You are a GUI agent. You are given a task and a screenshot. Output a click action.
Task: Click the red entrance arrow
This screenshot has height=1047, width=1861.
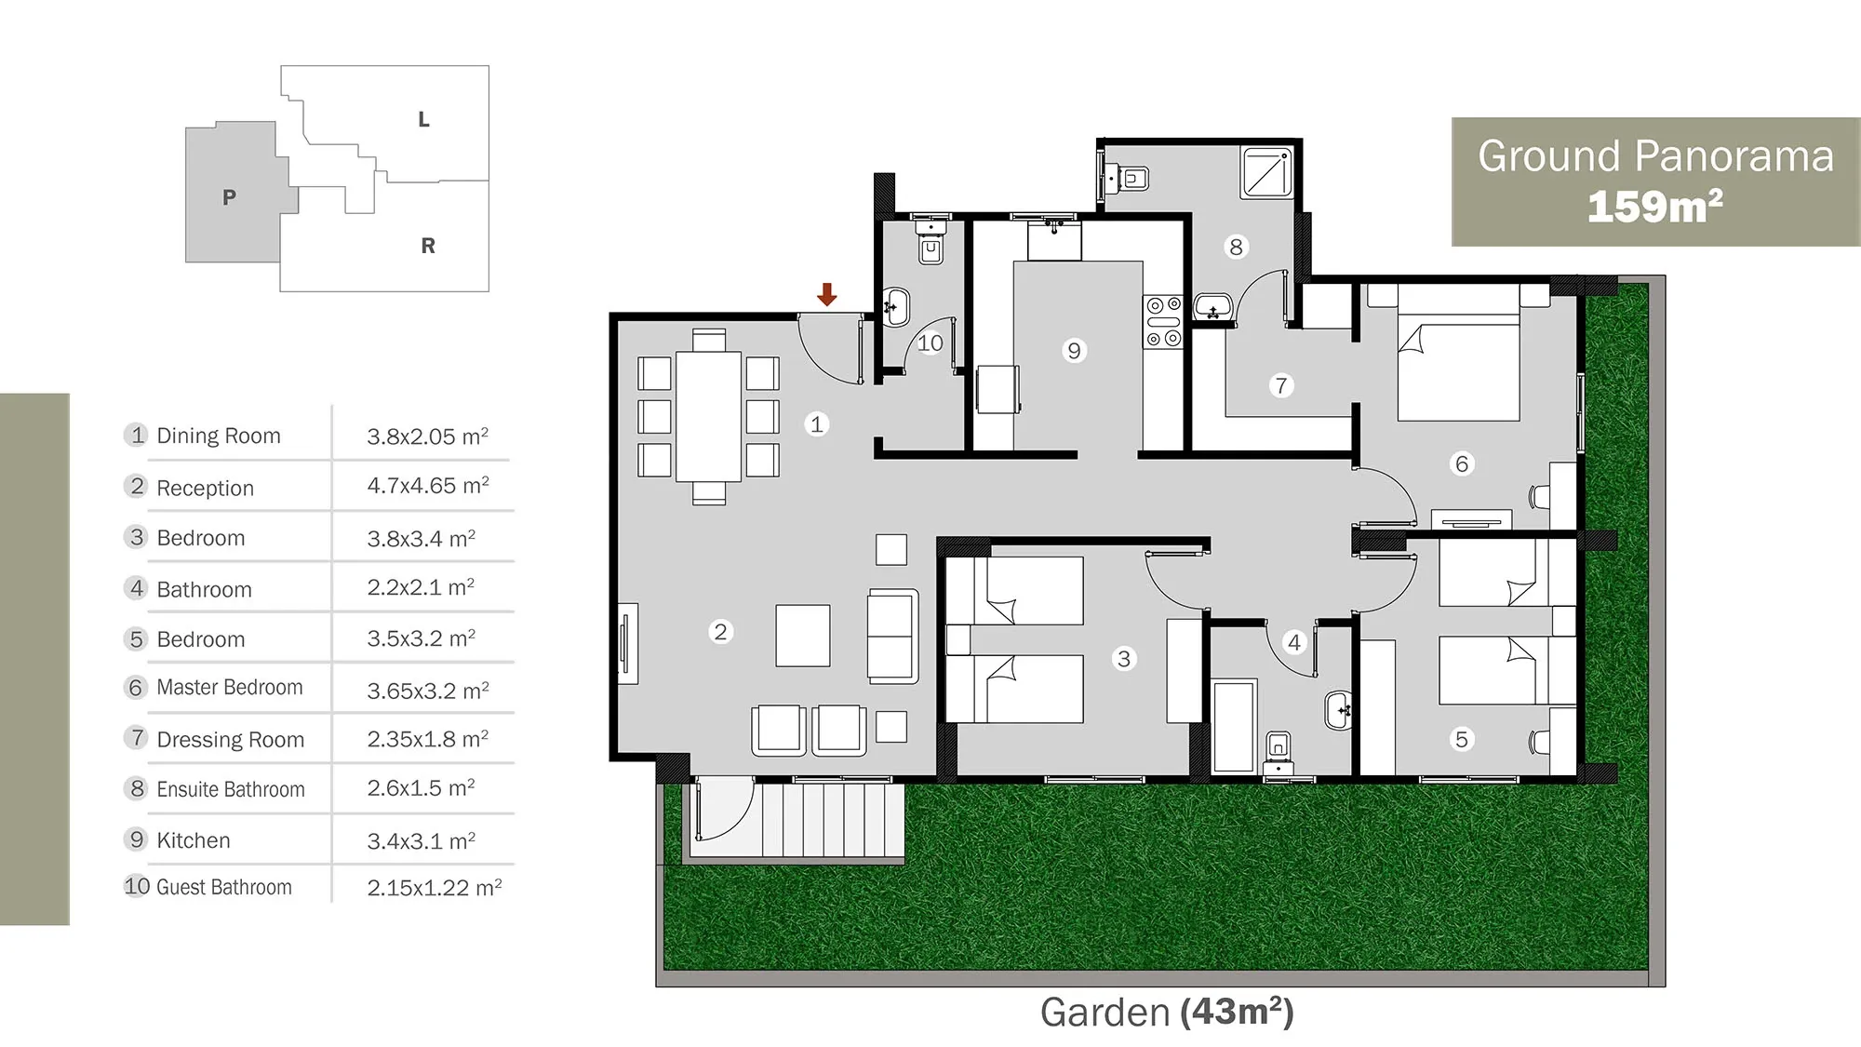tap(826, 294)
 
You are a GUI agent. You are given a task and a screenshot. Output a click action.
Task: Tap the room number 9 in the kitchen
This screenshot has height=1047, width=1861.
tap(1074, 351)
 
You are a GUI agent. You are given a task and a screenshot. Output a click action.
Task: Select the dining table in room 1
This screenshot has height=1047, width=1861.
tap(708, 415)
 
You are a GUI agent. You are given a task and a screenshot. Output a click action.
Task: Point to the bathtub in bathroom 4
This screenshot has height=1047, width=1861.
tap(1235, 727)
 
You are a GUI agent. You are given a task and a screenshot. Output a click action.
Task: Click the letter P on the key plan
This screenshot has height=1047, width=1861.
tap(229, 197)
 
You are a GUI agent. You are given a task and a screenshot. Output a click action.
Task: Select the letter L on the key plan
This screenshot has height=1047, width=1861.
tap(423, 119)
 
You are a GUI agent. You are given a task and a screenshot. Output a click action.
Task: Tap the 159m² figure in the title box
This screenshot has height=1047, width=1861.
tap(1654, 207)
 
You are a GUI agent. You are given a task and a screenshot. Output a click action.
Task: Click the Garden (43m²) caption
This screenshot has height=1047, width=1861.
tap(1167, 1013)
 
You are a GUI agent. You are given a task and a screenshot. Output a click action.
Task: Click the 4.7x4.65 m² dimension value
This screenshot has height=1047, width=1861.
tap(428, 486)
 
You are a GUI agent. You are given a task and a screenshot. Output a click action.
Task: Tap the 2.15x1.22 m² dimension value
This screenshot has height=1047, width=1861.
tap(435, 888)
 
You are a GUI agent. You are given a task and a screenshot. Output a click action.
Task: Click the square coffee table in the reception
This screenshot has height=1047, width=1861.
tap(803, 636)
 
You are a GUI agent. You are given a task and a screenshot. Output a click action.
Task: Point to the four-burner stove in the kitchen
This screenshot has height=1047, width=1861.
tap(1163, 322)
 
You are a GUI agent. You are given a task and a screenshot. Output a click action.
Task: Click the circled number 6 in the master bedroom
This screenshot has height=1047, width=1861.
tap(1462, 463)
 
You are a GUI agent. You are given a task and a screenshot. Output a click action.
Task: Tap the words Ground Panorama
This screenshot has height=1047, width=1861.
tap(1655, 156)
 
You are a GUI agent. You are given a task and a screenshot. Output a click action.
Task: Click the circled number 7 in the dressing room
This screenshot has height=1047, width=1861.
tap(1281, 385)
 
